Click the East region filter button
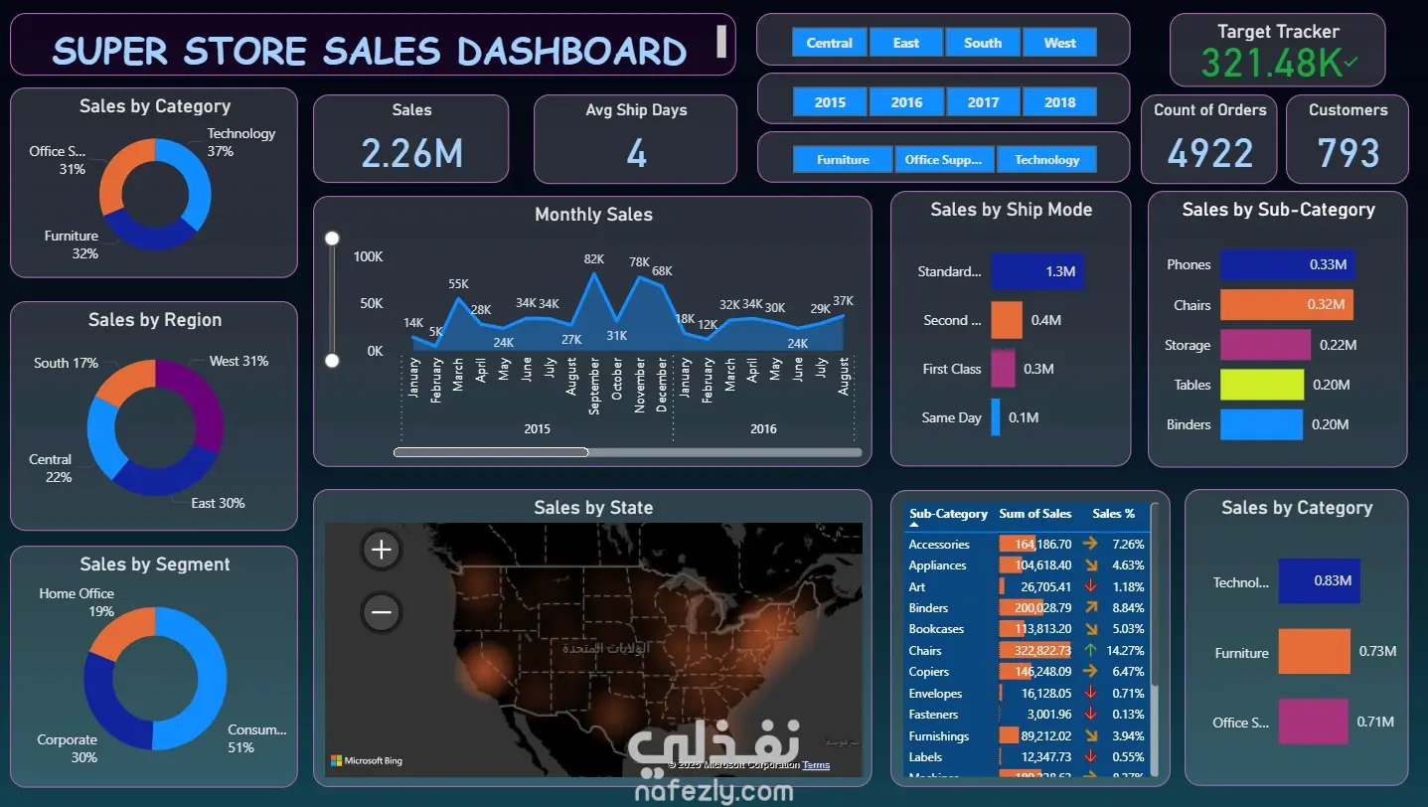click(906, 43)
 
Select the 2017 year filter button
click(983, 102)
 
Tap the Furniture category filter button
click(843, 160)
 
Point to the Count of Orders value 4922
click(1209, 153)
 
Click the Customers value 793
click(1348, 153)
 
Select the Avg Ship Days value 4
click(636, 153)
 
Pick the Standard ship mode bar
click(1037, 271)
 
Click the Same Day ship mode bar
click(996, 417)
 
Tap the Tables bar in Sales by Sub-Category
click(1261, 385)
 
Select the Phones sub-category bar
click(1287, 264)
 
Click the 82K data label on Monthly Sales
click(594, 259)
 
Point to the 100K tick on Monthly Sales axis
click(368, 257)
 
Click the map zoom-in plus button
click(382, 550)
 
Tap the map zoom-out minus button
click(382, 612)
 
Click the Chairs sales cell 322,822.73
click(1035, 651)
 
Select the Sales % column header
click(1113, 514)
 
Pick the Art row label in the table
click(917, 586)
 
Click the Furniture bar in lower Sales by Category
click(1314, 652)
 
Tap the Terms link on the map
click(816, 765)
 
